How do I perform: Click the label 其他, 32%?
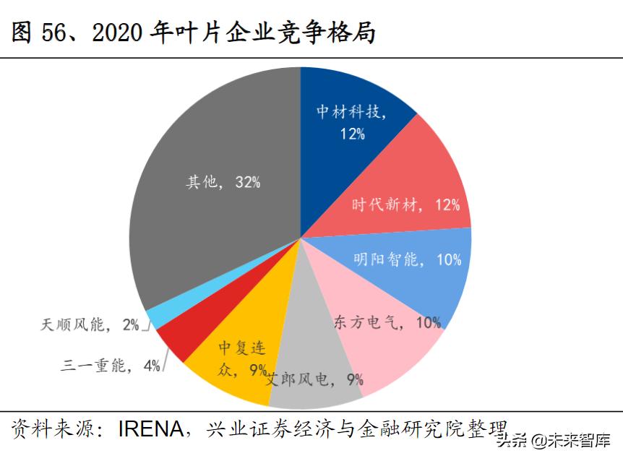(x=223, y=182)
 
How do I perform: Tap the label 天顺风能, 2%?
(x=90, y=325)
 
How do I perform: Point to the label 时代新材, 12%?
(x=405, y=205)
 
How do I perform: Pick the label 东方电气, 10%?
(x=387, y=323)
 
